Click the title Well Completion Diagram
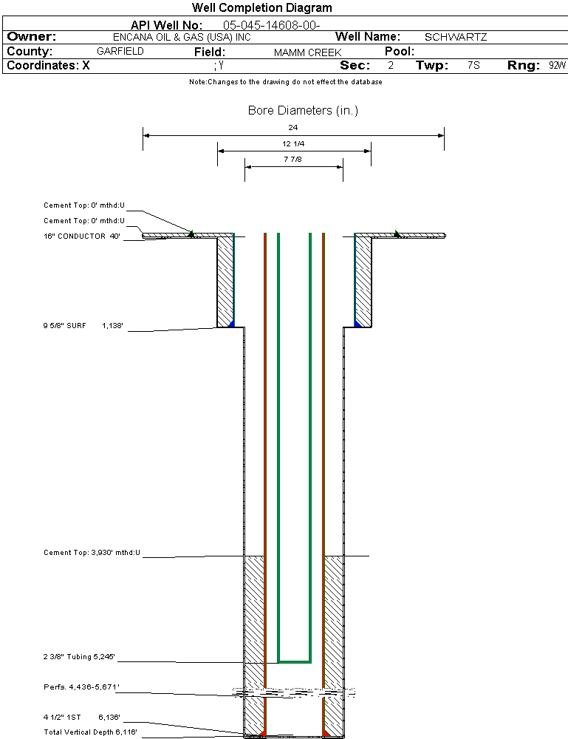tap(261, 8)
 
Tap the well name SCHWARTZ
tap(456, 37)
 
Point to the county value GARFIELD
tap(120, 52)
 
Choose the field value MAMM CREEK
tap(307, 52)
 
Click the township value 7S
tap(473, 66)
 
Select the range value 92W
tap(557, 66)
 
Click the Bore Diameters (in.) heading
tap(303, 111)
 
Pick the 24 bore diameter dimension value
tap(293, 128)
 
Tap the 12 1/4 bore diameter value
tap(293, 143)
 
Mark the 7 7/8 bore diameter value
tap(293, 160)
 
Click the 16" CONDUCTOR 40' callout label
tap(82, 236)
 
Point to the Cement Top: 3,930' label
tap(92, 552)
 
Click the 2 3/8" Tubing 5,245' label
tap(79, 656)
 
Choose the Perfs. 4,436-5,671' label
tap(81, 687)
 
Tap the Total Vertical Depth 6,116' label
tap(90, 732)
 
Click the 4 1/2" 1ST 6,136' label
tap(81, 717)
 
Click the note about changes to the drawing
tap(285, 82)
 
